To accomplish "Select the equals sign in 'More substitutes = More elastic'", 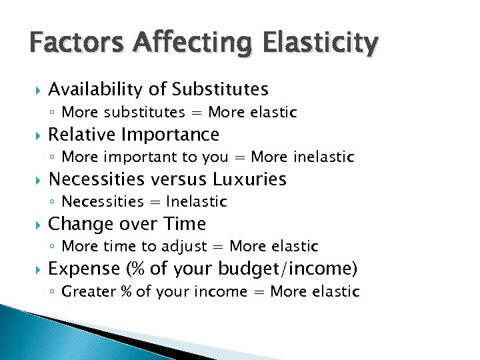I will click(197, 113).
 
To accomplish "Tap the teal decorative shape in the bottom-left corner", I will click(40, 333).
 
